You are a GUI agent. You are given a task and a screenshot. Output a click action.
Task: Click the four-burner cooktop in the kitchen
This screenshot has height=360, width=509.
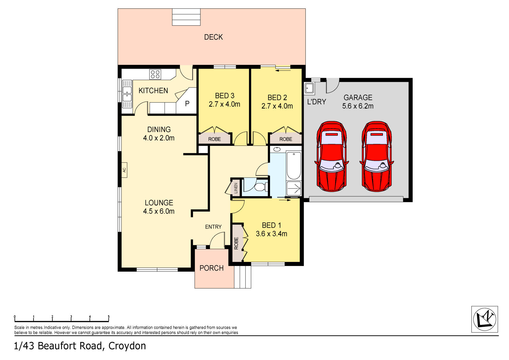pyautogui.click(x=155, y=74)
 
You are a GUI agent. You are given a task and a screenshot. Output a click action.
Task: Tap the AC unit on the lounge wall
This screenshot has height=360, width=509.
pyautogui.click(x=124, y=170)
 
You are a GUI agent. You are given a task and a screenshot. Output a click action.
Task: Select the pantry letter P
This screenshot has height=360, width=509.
pyautogui.click(x=187, y=103)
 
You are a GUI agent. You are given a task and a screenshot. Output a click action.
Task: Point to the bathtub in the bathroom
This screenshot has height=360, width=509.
pyautogui.click(x=294, y=166)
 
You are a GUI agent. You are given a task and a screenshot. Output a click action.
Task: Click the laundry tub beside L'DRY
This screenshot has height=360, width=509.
pyautogui.click(x=309, y=88)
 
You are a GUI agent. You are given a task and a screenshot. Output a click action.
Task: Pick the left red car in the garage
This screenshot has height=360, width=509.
pyautogui.click(x=332, y=156)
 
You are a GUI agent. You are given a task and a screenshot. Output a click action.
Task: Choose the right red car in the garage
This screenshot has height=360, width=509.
pyautogui.click(x=377, y=156)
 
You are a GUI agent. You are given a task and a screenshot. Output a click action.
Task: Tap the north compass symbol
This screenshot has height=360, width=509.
pyautogui.click(x=484, y=319)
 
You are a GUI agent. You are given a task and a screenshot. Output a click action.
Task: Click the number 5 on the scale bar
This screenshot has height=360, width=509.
pyautogui.click(x=109, y=317)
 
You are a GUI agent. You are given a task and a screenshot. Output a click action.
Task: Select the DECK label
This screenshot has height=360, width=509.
pyautogui.click(x=213, y=37)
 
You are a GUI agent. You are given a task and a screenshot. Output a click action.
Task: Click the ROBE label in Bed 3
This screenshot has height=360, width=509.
pyautogui.click(x=214, y=139)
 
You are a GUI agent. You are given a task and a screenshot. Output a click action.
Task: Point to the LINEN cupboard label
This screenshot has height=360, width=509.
pyautogui.click(x=236, y=188)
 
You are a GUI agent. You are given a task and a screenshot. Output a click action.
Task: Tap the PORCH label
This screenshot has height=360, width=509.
pyautogui.click(x=211, y=268)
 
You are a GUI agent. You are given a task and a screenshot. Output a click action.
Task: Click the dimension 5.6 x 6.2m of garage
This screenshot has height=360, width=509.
pyautogui.click(x=358, y=106)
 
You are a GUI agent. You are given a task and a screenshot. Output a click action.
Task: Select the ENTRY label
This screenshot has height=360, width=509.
pyautogui.click(x=213, y=227)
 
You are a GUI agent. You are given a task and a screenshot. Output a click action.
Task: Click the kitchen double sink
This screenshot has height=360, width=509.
pyautogui.click(x=127, y=94)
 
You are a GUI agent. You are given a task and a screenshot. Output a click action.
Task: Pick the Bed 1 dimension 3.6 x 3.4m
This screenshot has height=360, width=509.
pyautogui.click(x=271, y=234)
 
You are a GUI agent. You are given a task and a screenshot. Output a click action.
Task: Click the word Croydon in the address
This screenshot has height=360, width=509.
pyautogui.click(x=127, y=346)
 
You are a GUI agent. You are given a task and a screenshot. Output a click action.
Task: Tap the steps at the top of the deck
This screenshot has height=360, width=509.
pyautogui.click(x=186, y=17)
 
